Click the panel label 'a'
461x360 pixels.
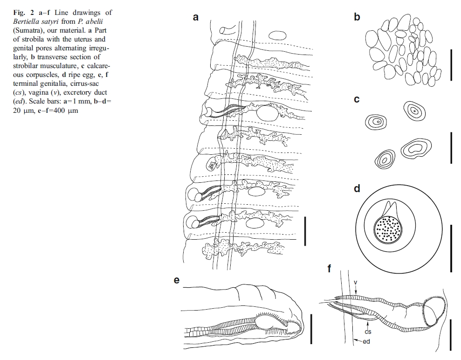click(196, 18)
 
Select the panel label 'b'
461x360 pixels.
click(357, 18)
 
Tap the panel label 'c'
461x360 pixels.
click(357, 100)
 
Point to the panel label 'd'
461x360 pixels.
click(357, 189)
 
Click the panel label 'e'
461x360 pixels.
click(177, 280)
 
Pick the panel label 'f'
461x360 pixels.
click(330, 269)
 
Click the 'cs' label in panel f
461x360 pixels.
click(367, 332)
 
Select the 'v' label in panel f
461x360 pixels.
click(355, 282)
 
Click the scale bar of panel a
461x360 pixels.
click(305, 230)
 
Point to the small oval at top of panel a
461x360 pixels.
click(278, 35)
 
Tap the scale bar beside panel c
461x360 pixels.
click(451, 147)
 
